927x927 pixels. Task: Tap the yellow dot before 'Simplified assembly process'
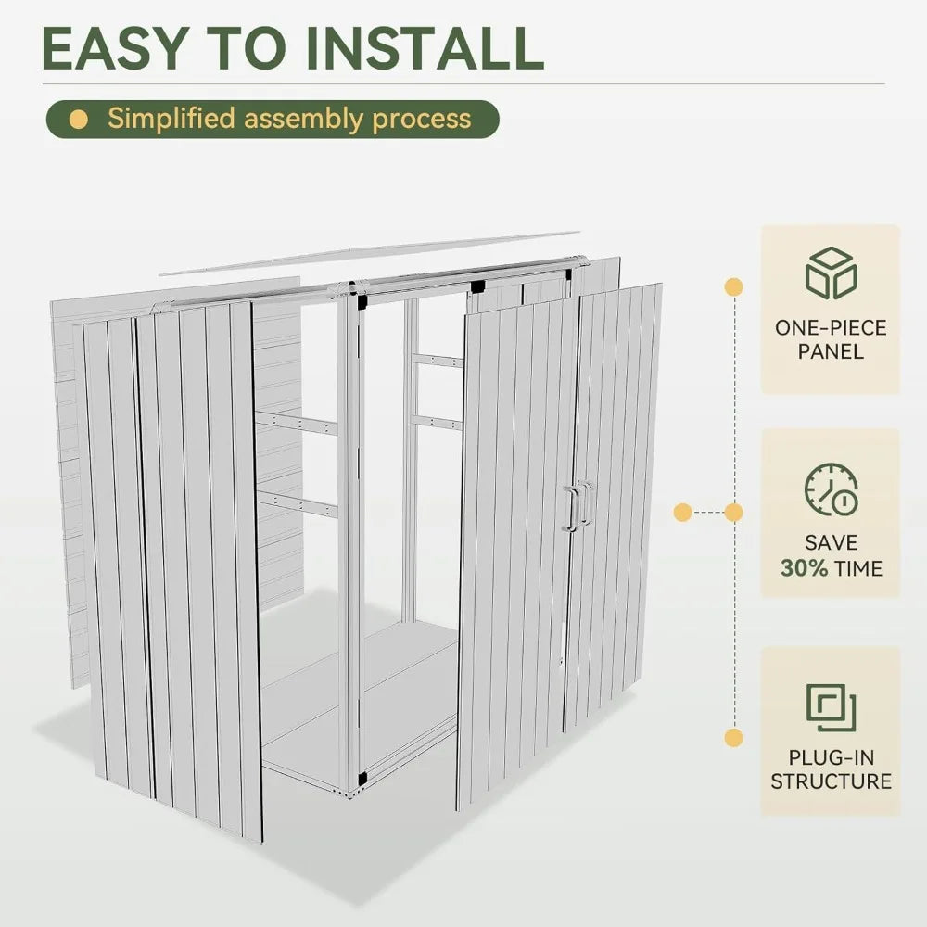click(80, 120)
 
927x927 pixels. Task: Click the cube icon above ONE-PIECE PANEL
click(830, 273)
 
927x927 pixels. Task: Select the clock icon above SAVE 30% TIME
click(830, 489)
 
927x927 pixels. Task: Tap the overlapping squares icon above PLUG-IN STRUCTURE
click(830, 707)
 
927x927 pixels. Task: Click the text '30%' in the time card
click(804, 567)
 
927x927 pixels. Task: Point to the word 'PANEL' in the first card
click(831, 351)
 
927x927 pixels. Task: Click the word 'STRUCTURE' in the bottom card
click(831, 781)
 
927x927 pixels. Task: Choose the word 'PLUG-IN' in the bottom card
click(831, 756)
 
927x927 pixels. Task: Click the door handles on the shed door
click(577, 506)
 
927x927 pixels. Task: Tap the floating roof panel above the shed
click(371, 252)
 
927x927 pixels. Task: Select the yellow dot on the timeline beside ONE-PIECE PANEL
click(733, 286)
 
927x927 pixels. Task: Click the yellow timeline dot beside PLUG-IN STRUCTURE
click(733, 738)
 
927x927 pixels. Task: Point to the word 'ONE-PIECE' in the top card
click(831, 327)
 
